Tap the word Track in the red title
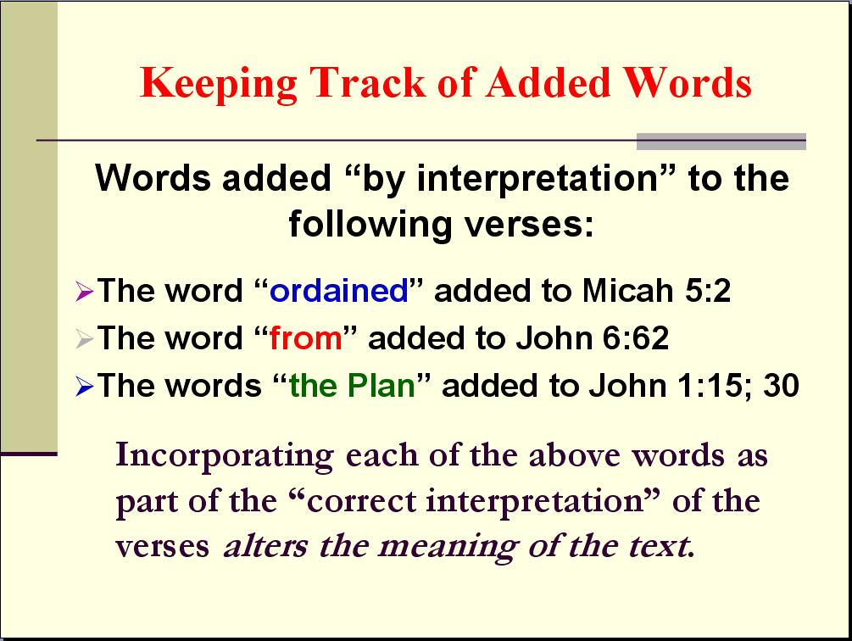click(368, 82)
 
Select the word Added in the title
click(548, 82)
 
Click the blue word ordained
click(339, 290)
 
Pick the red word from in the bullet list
click(306, 337)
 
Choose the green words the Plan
click(352, 385)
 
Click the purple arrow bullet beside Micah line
click(84, 291)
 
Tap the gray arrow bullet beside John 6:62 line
click(84, 339)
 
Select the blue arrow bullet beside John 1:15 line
click(84, 387)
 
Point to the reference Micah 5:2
click(656, 290)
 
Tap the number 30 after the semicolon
click(781, 385)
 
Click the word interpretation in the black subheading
click(538, 178)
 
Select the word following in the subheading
click(370, 225)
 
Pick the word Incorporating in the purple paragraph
click(225, 455)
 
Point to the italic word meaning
click(447, 548)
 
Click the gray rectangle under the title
click(721, 142)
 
